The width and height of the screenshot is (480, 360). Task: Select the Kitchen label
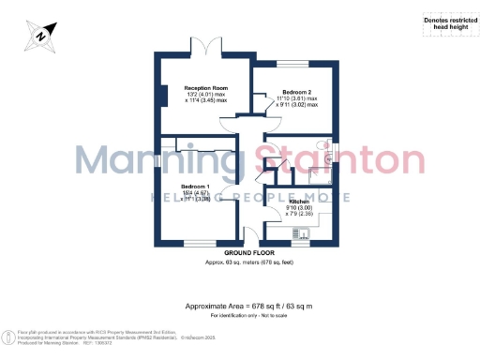tap(299, 201)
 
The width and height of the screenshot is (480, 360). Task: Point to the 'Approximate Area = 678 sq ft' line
tap(247, 307)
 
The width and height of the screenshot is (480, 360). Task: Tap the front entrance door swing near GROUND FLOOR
tap(251, 234)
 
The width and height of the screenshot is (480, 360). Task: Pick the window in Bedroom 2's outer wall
tap(292, 65)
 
